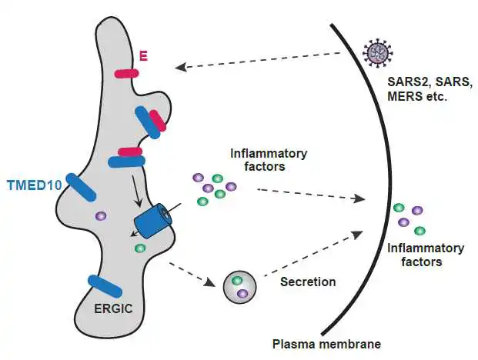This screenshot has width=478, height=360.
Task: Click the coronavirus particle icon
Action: click(x=377, y=53)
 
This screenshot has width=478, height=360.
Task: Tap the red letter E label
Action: click(x=144, y=56)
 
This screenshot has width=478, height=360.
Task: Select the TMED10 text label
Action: click(x=35, y=185)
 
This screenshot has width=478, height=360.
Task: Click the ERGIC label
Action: click(x=113, y=308)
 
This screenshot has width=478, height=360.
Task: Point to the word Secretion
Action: click(x=308, y=282)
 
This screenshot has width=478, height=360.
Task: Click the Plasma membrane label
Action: click(x=326, y=344)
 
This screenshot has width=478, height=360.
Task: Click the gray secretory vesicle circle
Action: click(x=240, y=286)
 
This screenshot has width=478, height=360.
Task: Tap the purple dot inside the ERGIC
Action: click(x=101, y=216)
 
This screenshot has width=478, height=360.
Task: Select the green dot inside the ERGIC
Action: click(x=140, y=248)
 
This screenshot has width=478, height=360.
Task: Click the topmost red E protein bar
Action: click(x=126, y=74)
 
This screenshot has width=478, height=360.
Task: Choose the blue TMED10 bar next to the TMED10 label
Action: click(x=81, y=188)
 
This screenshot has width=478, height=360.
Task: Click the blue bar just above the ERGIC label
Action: click(x=105, y=286)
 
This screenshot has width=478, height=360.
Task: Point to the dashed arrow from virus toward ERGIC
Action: click(x=258, y=60)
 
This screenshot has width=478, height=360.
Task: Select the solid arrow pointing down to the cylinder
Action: click(x=136, y=191)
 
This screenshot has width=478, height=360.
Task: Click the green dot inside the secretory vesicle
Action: click(x=237, y=280)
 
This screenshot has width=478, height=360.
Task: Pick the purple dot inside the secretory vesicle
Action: click(x=242, y=293)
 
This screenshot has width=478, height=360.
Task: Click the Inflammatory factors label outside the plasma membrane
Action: click(x=426, y=255)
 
